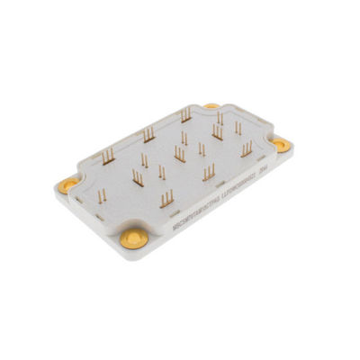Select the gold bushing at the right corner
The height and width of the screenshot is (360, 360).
pyautogui.click(x=281, y=141)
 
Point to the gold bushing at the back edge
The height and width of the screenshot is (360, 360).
pyautogui.click(x=211, y=105)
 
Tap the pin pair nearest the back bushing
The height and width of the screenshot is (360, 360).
pyautogui.click(x=220, y=118)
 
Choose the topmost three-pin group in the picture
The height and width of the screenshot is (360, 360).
pyautogui.click(x=185, y=114)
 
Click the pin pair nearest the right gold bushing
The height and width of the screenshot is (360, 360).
pyautogui.click(x=238, y=129)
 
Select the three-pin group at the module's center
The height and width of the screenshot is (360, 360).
pyautogui.click(x=180, y=154)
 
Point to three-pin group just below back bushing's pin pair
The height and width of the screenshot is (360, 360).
pyautogui.click(x=217, y=134)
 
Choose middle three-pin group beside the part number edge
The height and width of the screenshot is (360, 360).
pyautogui.click(x=209, y=170)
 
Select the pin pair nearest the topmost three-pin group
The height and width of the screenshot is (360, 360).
pyautogui.click(x=184, y=138)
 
